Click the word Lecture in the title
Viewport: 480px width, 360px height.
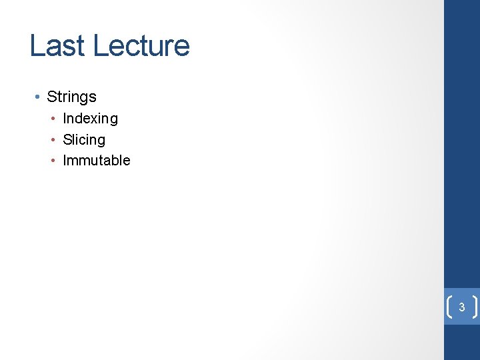141,46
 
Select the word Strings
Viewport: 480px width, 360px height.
71,97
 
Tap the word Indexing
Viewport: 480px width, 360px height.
90,119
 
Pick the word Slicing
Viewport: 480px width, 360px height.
84,140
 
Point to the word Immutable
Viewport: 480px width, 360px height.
97,161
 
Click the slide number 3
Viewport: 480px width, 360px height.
461,308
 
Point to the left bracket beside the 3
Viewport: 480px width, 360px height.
448,307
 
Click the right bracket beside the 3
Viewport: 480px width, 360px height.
475,307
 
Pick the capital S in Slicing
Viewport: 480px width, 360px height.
67,140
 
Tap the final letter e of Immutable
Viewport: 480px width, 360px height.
127,161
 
